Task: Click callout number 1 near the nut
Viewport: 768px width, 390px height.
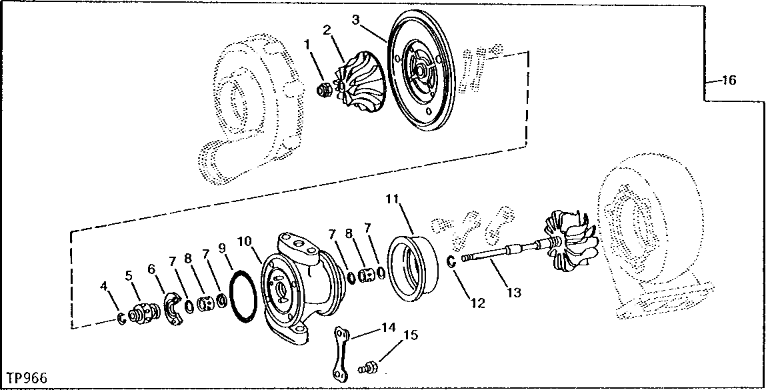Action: [307, 45]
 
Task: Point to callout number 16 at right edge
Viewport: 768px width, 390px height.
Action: [728, 81]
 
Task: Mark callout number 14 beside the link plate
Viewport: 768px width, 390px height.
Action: [388, 327]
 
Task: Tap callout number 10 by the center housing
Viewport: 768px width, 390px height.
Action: [244, 239]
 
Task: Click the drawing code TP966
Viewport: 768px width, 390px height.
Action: [24, 378]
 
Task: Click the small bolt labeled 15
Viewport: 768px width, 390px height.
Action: [367, 365]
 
